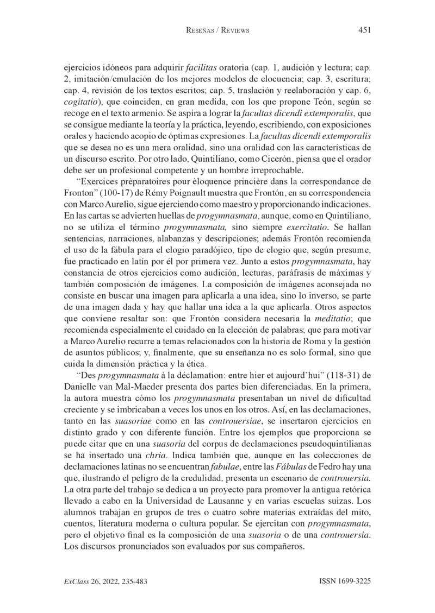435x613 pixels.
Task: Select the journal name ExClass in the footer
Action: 77,581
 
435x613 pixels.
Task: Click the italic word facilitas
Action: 201,68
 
